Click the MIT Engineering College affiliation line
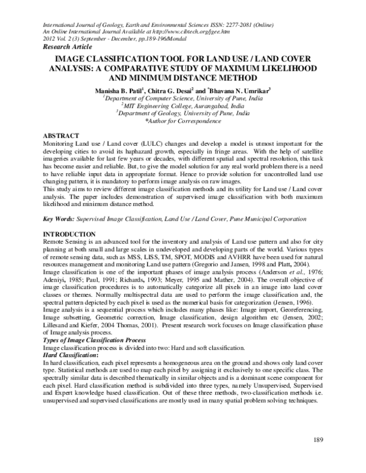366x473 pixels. point(184,105)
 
